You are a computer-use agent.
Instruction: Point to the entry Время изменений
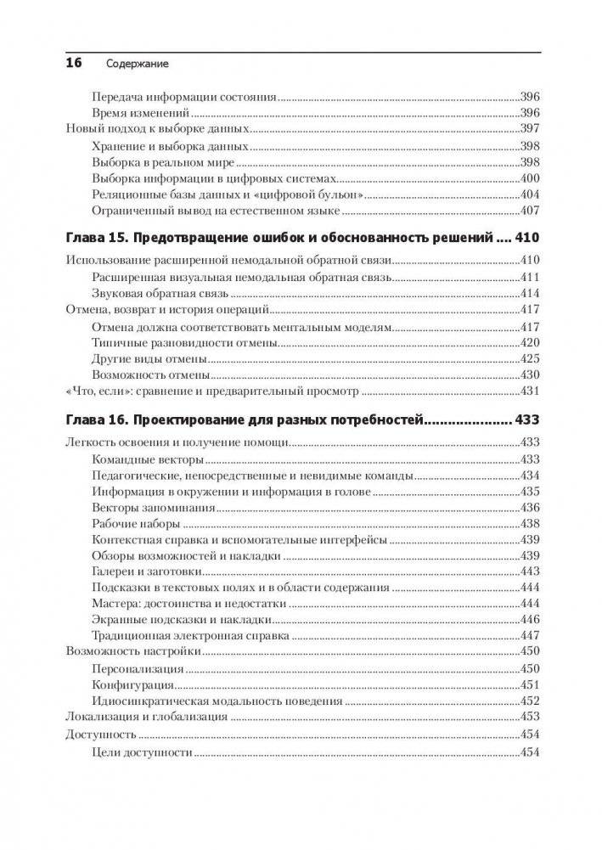click(138, 113)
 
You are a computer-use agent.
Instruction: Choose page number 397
click(528, 130)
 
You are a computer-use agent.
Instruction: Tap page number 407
click(528, 211)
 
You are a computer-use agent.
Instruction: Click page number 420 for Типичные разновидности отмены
click(528, 342)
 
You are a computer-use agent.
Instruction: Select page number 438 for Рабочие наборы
click(528, 523)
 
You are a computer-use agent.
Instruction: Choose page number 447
click(528, 635)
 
